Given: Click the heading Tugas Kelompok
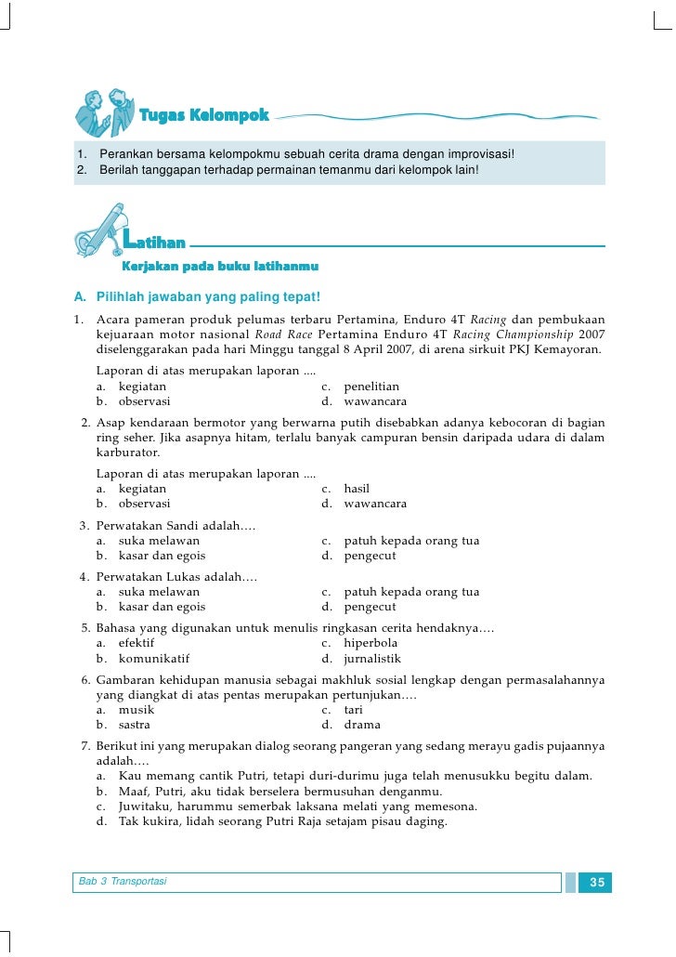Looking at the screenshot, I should pos(203,116).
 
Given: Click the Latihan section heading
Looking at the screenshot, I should pos(154,243).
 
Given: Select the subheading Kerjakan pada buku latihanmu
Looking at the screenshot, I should pos(221,267).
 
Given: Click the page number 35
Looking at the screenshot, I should pos(597,882).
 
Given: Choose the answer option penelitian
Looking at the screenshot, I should pos(371,387).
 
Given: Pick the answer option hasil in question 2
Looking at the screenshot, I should pos(357,488).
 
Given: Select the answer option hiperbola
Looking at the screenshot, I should pos(370,642).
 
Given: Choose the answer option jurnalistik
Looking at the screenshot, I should pos(372,658).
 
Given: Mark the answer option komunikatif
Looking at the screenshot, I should pos(154,658).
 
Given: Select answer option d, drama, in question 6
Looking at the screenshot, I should pos(362,725).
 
